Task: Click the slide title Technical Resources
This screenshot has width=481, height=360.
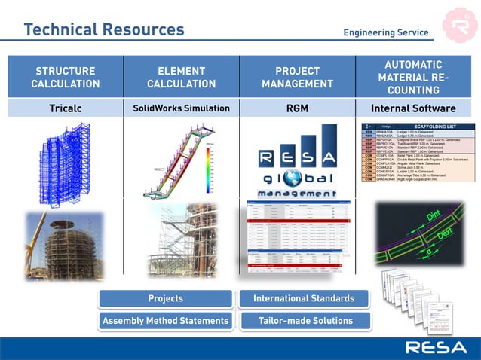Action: (104, 29)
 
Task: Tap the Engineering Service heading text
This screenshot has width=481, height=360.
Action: (385, 32)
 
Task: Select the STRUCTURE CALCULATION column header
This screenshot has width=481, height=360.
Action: (66, 77)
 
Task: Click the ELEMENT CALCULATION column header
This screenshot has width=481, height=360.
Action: (181, 77)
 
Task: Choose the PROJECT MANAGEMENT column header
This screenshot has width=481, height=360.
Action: (297, 77)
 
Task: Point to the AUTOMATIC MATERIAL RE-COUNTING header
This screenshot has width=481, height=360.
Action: (414, 77)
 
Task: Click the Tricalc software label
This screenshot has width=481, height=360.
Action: (66, 108)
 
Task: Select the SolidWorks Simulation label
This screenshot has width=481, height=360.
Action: (181, 108)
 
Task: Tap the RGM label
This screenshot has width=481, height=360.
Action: (297, 108)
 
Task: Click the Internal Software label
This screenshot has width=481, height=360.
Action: (414, 108)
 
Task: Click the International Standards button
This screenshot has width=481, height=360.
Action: (303, 299)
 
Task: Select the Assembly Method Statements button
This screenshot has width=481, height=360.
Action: (165, 321)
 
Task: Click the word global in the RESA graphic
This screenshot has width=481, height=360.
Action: (296, 182)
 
